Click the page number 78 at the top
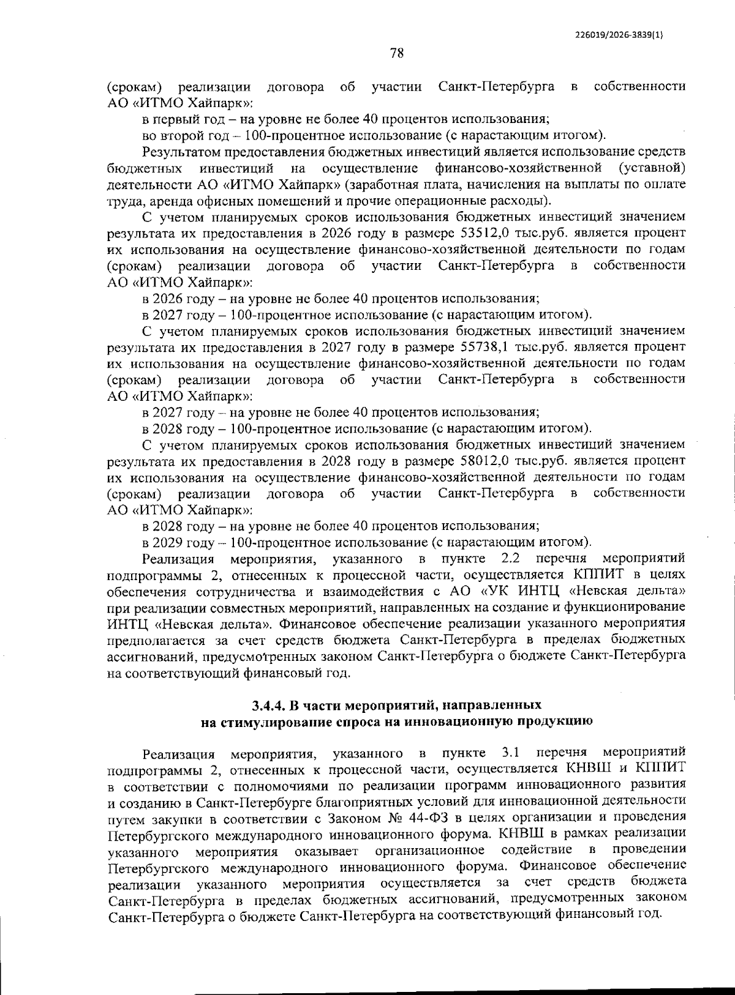click(396, 53)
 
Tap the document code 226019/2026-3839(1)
click(619, 35)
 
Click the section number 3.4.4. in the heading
click(269, 705)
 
